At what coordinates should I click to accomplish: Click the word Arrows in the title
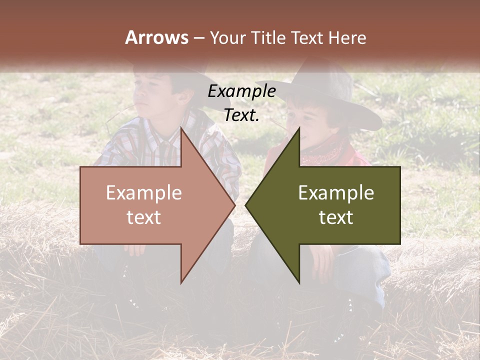156,37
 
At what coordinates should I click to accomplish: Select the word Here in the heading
346,37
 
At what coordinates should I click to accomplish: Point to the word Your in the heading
227,37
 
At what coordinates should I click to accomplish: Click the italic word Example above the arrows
241,91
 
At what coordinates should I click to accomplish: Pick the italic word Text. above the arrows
241,115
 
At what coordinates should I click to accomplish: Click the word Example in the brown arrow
144,193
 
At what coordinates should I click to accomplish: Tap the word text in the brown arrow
144,217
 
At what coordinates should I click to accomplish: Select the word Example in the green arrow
336,193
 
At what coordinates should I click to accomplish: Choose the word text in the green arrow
336,217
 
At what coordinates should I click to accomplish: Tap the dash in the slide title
198,38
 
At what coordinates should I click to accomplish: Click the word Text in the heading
307,37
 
